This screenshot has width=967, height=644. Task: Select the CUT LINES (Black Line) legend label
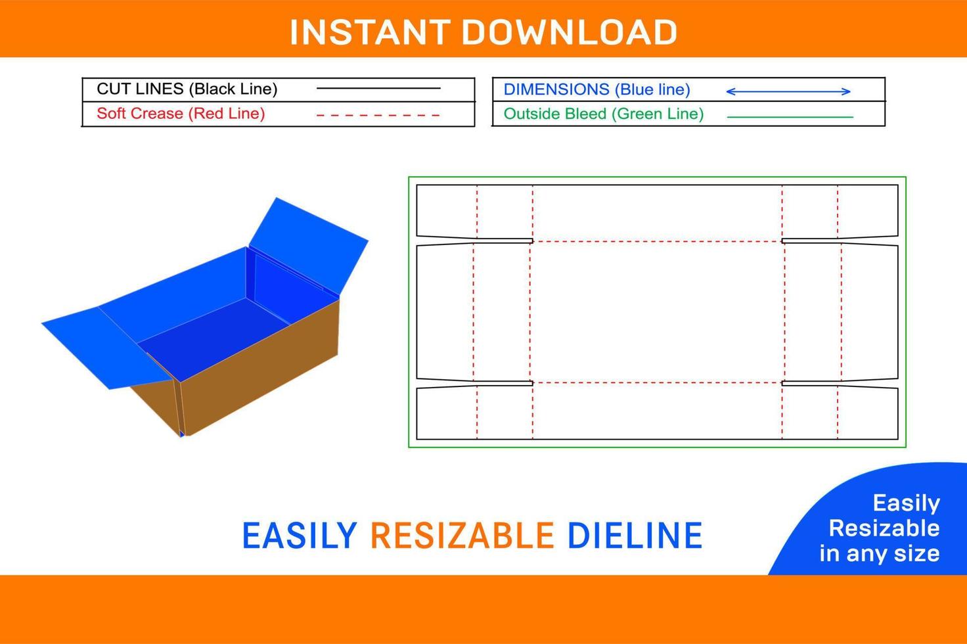(x=187, y=89)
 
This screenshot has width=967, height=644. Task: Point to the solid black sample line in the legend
(x=378, y=88)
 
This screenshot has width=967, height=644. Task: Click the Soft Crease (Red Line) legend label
(x=181, y=114)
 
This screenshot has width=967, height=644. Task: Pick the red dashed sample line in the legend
(x=378, y=115)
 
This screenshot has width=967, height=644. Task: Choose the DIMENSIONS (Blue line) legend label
(x=596, y=89)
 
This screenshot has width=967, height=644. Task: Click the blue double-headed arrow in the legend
(x=788, y=91)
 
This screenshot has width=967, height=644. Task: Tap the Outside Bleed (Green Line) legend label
(x=604, y=114)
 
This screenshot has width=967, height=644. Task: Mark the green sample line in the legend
(x=790, y=116)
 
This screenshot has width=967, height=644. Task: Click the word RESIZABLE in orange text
(x=462, y=536)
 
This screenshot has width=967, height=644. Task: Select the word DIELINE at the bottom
(x=635, y=536)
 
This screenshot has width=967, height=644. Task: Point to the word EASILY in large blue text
(x=300, y=536)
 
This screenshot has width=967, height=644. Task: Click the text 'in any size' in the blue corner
(x=880, y=554)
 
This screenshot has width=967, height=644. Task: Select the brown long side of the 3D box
(x=259, y=367)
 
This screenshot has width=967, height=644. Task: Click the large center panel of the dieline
(x=657, y=312)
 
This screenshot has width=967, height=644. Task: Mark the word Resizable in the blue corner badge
(x=884, y=528)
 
